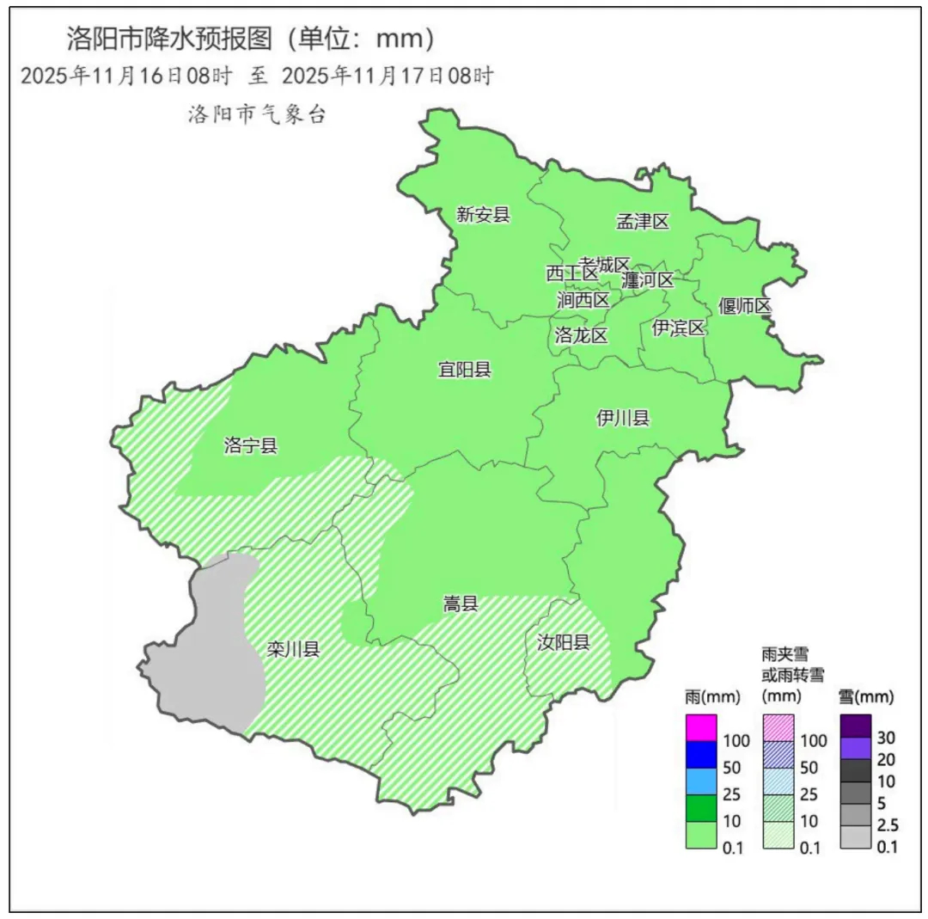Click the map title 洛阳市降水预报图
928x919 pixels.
click(172, 38)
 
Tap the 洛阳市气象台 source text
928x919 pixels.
click(257, 115)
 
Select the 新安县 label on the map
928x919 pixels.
click(483, 215)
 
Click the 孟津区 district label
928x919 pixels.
click(642, 222)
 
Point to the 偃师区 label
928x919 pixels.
click(745, 306)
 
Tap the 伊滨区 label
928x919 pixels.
click(678, 328)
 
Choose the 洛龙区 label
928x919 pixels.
click(581, 335)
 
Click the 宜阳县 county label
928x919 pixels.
click(464, 371)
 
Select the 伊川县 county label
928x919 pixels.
click(623, 419)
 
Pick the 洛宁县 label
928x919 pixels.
click(250, 445)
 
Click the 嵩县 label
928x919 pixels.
click(461, 604)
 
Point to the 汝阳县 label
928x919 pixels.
click(563, 642)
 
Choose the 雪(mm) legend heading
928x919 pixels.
click(865, 697)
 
